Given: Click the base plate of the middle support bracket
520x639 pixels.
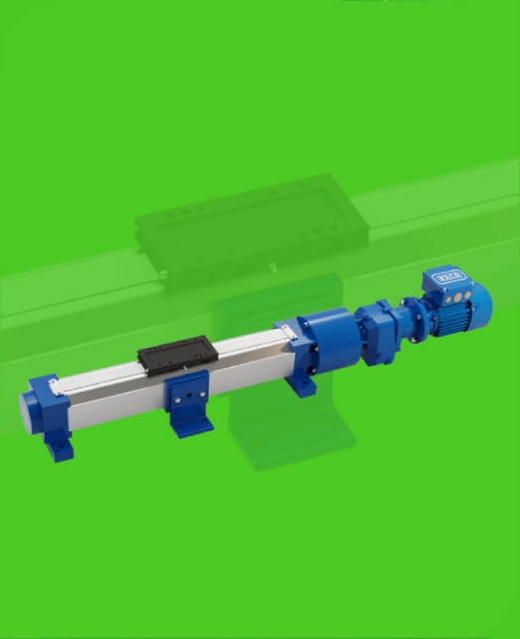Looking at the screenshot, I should point(192,424).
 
